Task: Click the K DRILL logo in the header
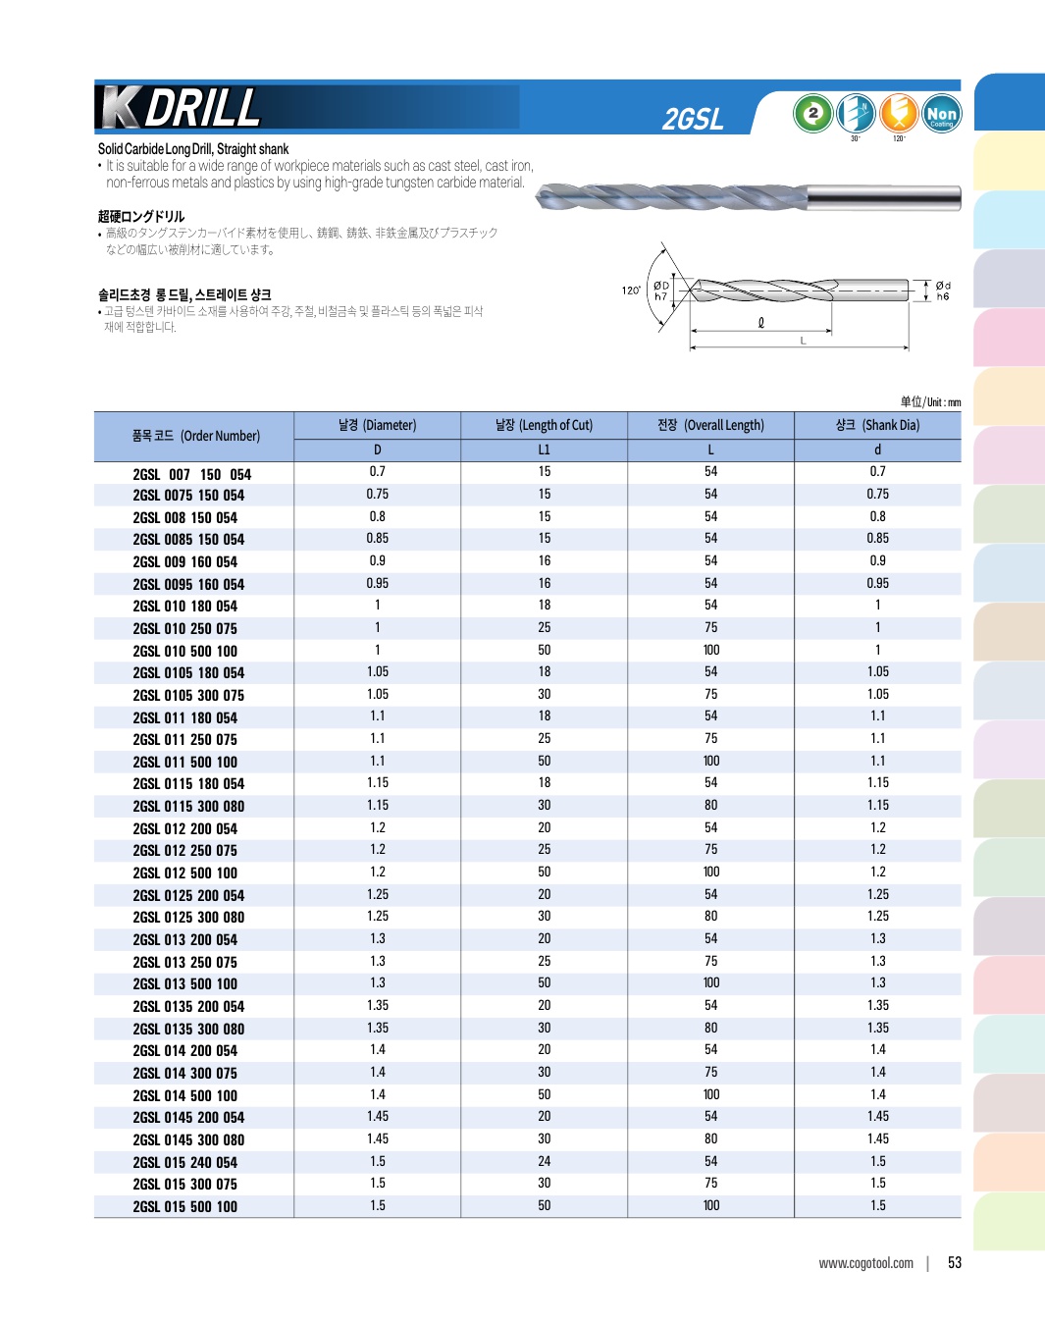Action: [182, 108]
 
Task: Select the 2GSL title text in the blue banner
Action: [693, 120]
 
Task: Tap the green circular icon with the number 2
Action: [812, 113]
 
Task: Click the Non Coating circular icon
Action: [941, 114]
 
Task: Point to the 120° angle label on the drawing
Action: [630, 291]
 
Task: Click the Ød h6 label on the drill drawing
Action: [943, 291]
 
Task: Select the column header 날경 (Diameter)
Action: [377, 425]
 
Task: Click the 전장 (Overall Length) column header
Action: [710, 425]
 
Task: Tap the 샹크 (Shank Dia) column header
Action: [877, 425]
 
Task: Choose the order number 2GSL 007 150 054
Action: [191, 474]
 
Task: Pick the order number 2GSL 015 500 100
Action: [184, 1206]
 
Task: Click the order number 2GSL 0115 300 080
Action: [188, 806]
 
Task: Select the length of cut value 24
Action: [544, 1161]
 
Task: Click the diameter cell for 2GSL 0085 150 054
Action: [377, 538]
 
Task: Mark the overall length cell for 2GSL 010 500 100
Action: [710, 650]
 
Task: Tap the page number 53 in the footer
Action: [955, 1263]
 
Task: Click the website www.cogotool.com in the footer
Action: [865, 1263]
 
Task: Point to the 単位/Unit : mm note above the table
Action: [930, 401]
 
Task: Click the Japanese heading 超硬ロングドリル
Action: [141, 216]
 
